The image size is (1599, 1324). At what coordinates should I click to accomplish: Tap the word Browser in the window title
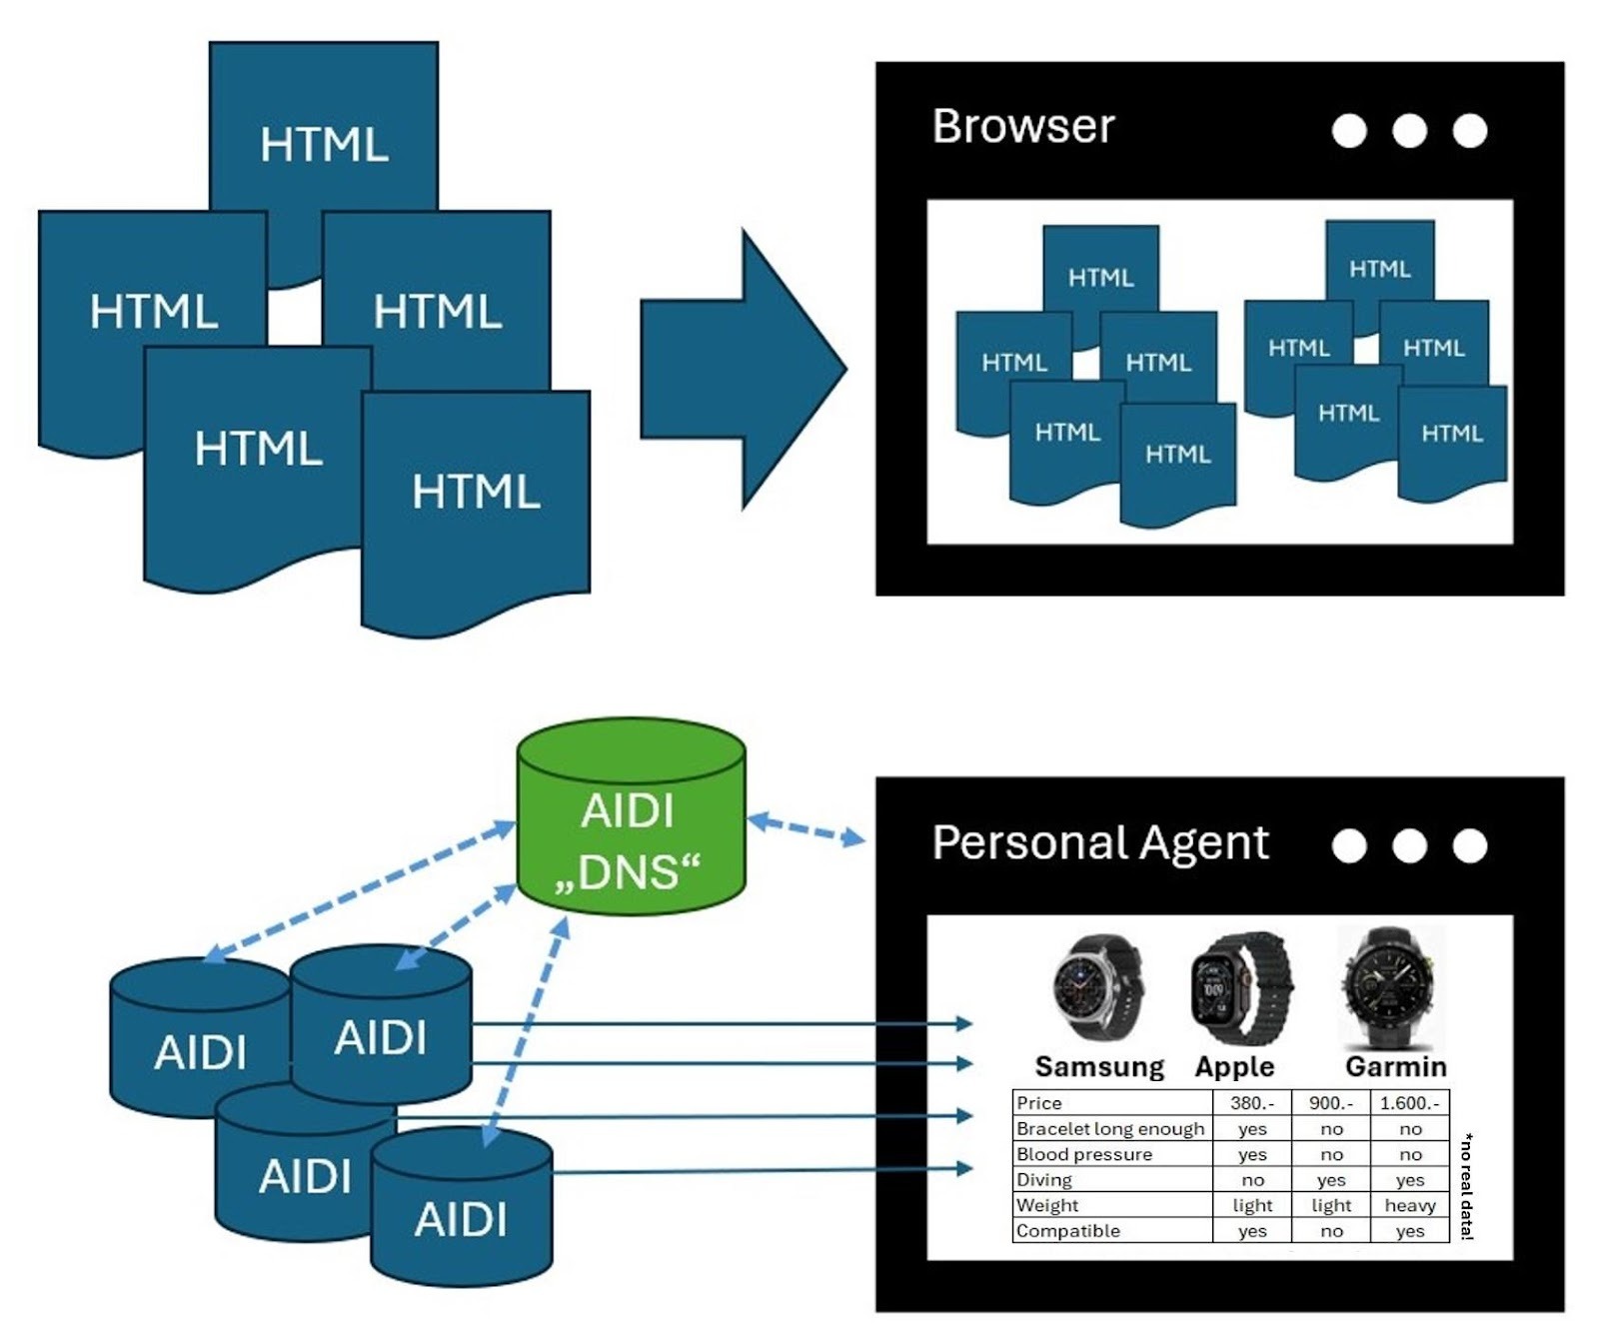(1022, 127)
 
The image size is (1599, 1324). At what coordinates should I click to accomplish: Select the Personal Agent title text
(1099, 842)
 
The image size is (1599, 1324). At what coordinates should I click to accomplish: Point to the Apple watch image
(1240, 987)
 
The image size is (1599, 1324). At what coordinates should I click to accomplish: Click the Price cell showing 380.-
(1251, 1103)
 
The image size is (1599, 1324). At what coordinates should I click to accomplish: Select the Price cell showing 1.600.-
(1409, 1103)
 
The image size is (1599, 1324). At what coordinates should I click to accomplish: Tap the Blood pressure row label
(1083, 1154)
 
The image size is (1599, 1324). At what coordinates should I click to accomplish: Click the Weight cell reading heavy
(1409, 1205)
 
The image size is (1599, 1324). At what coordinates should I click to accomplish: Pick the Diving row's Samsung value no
(1251, 1179)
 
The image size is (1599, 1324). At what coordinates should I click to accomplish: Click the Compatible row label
(1067, 1231)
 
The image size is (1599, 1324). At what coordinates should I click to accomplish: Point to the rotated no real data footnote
(1466, 1186)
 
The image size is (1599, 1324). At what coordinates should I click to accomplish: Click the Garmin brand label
(1395, 1067)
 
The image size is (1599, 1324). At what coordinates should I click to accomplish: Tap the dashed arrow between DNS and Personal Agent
(806, 829)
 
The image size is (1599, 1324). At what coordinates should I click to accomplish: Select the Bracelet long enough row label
(1109, 1128)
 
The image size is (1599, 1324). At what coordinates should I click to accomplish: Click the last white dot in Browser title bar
(1469, 131)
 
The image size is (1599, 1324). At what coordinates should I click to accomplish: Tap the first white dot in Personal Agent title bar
(1348, 846)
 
